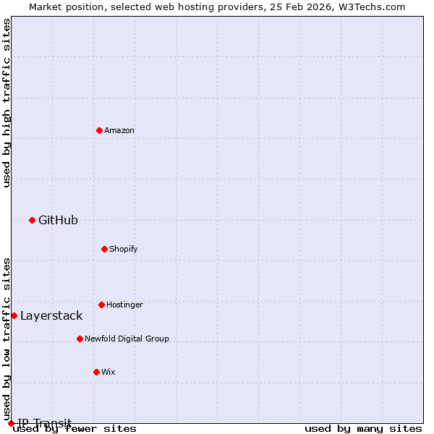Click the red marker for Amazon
tap(99, 130)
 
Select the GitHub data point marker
tap(32, 220)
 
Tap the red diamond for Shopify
tap(104, 249)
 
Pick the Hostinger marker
tap(101, 305)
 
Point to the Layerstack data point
tap(14, 315)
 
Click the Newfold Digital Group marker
tap(80, 339)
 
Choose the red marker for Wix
tap(96, 372)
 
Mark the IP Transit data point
tap(11, 423)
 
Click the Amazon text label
tap(119, 130)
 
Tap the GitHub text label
tap(58, 220)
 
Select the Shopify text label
tap(124, 249)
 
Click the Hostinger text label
tap(124, 305)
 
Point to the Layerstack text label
tap(51, 315)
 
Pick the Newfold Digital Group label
tap(127, 339)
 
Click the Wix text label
tap(109, 372)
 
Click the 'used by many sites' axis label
tap(363, 428)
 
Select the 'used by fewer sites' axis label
tap(75, 428)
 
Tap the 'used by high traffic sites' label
tap(7, 103)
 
